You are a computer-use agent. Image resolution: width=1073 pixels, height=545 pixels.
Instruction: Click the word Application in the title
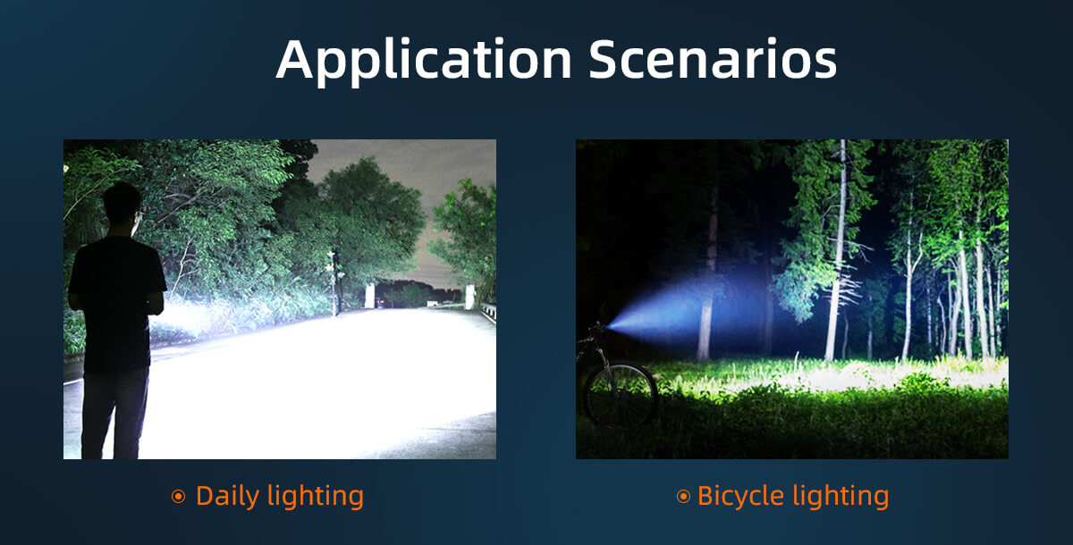click(x=424, y=61)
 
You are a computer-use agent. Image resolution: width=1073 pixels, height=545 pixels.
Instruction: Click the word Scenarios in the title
click(x=713, y=59)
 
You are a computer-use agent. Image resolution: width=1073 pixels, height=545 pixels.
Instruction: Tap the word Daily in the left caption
click(x=227, y=497)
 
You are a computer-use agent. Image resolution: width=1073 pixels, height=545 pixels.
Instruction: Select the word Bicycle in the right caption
click(x=741, y=497)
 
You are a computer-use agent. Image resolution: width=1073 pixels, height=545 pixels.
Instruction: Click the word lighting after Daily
click(x=316, y=497)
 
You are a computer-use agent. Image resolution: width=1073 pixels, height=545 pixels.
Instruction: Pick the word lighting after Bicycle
click(x=841, y=497)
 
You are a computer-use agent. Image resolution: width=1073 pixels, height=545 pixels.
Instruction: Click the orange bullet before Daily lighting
click(x=178, y=496)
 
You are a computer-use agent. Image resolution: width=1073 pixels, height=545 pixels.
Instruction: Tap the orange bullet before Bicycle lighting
click(x=683, y=496)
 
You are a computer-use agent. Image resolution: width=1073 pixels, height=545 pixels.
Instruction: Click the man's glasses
click(x=139, y=213)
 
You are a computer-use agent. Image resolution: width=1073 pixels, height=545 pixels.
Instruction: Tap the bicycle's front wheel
click(x=621, y=394)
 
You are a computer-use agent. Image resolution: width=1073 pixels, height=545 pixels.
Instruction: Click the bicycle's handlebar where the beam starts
click(x=598, y=327)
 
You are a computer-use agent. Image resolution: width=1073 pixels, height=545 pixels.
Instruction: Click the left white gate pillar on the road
click(x=369, y=296)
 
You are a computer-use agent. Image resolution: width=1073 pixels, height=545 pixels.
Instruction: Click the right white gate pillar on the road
click(x=470, y=297)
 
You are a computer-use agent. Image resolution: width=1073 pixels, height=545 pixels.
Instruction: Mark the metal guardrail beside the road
click(x=488, y=312)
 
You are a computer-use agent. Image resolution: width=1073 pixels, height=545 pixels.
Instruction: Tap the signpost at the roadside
click(x=334, y=283)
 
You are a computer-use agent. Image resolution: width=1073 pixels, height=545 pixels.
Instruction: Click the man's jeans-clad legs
click(x=114, y=414)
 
